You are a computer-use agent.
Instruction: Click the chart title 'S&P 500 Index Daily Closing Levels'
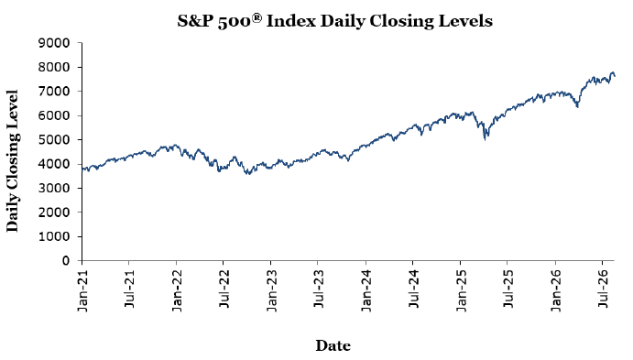pos(334,21)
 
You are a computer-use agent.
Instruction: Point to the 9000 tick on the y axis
pos(54,43)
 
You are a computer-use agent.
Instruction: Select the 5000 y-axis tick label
pos(54,139)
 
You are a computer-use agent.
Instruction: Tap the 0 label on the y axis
pos(66,261)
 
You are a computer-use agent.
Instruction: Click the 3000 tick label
pos(54,188)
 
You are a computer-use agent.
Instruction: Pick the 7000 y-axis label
pos(54,92)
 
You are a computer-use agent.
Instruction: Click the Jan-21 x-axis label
pos(82,289)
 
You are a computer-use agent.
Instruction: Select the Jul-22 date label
pos(224,289)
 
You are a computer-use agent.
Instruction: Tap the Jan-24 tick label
pos(366,289)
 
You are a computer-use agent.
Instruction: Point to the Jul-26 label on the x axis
pos(603,289)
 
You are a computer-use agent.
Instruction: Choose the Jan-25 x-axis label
pos(461,289)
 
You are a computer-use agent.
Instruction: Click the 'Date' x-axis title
pos(333,345)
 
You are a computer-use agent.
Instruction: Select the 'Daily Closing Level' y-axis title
pos(13,161)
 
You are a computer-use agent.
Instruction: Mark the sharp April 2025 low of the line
pos(485,139)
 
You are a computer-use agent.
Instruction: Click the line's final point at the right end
pos(615,76)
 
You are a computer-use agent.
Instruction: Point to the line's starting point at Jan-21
pos(82,169)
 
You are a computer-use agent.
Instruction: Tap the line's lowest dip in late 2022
pos(248,174)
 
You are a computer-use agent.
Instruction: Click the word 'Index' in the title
pos(291,21)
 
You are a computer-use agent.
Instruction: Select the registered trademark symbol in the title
pos(256,17)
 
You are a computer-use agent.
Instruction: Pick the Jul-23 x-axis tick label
pos(318,289)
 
